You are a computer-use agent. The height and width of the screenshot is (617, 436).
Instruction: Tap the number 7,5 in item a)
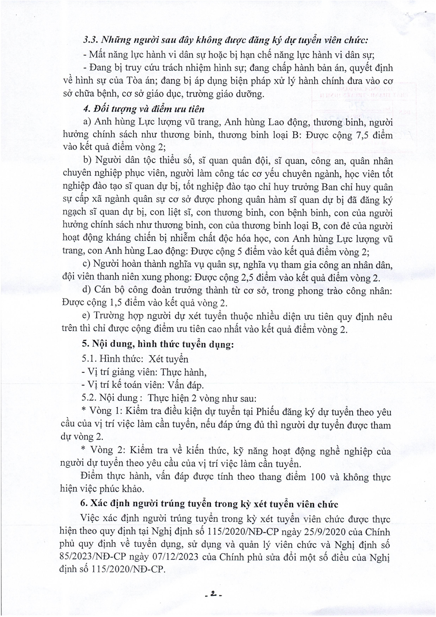(362, 135)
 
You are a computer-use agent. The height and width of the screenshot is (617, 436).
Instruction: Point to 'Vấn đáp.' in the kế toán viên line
(184, 385)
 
